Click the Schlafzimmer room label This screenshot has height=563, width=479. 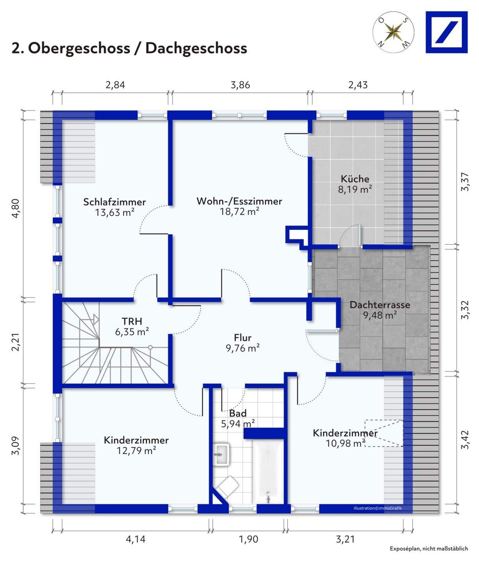(114, 202)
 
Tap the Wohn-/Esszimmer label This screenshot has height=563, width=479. (239, 201)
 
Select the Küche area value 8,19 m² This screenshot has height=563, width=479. (354, 190)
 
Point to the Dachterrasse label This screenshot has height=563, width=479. (379, 305)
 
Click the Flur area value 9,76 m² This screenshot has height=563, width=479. (242, 348)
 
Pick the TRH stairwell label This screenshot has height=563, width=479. (132, 321)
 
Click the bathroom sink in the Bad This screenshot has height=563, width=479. (222, 454)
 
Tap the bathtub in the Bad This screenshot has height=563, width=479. (268, 472)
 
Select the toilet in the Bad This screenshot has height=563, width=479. (228, 487)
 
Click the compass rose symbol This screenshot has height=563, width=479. (394, 32)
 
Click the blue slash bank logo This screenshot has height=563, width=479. (446, 32)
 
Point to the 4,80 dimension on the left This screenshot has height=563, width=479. (16, 208)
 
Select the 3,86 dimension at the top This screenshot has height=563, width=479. (240, 85)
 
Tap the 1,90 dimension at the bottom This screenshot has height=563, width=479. (248, 539)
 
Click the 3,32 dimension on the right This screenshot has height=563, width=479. (465, 310)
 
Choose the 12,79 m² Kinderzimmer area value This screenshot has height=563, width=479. (136, 451)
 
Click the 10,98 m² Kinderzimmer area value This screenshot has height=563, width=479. (345, 443)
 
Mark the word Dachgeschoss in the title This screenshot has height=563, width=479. (196, 48)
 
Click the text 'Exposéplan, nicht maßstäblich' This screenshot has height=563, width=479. (429, 549)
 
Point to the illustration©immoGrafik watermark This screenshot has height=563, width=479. (378, 508)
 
